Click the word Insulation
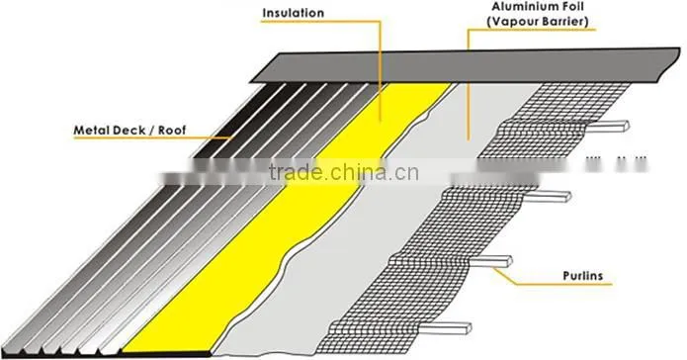pyautogui.click(x=294, y=13)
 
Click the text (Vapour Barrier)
pyautogui.click(x=537, y=22)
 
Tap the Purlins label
pyautogui.click(x=583, y=276)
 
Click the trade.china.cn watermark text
pyautogui.click(x=344, y=172)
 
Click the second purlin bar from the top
pyautogui.click(x=548, y=197)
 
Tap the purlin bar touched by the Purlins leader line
pyautogui.click(x=490, y=261)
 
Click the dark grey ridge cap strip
pyautogui.click(x=465, y=66)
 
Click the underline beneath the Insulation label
pyautogui.click(x=320, y=21)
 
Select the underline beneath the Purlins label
pyautogui.click(x=562, y=284)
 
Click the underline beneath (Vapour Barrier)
pyautogui.click(x=532, y=30)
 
